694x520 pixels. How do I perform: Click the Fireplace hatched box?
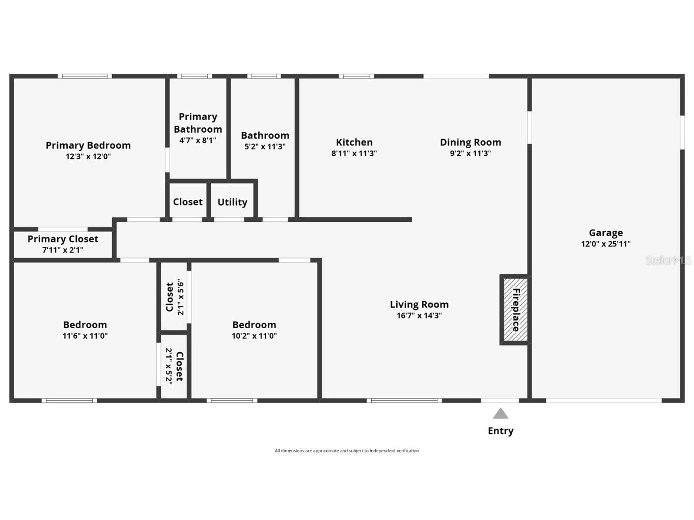point(515,309)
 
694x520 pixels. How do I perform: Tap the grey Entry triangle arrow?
point(501,414)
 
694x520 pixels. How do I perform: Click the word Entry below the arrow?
point(501,431)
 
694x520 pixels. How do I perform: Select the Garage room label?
point(605,233)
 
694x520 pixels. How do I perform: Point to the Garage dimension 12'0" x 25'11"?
point(605,244)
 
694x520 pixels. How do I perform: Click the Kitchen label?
point(354,142)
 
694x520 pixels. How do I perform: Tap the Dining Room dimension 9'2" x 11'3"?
point(470,154)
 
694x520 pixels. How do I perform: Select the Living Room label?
point(419,305)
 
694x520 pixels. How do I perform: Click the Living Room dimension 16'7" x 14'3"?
point(419,316)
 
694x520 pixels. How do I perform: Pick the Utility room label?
point(232,203)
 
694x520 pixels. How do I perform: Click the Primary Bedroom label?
point(88,146)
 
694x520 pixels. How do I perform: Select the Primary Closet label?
point(63,239)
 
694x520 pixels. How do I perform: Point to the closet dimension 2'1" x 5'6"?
point(180,297)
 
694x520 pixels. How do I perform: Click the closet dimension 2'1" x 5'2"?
point(169,366)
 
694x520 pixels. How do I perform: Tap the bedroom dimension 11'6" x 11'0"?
point(85,336)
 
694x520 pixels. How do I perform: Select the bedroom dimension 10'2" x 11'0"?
point(254,336)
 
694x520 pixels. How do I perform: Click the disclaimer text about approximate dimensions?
point(347,451)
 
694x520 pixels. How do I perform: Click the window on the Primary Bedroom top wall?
point(85,76)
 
